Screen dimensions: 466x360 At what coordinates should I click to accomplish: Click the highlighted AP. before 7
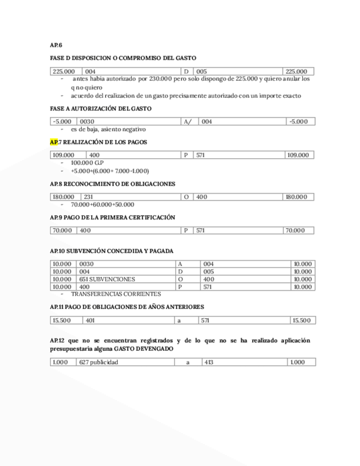click(54, 142)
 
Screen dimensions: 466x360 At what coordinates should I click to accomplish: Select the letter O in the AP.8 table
click(186, 197)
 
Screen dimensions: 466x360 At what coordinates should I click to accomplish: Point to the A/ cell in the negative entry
click(190, 121)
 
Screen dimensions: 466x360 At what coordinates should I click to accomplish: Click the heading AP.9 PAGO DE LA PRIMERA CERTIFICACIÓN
click(112, 218)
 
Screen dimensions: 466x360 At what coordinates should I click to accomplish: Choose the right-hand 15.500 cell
click(303, 320)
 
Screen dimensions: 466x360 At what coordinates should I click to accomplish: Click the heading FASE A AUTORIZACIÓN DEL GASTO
click(101, 109)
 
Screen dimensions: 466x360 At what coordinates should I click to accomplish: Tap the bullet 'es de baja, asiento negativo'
click(108, 129)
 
